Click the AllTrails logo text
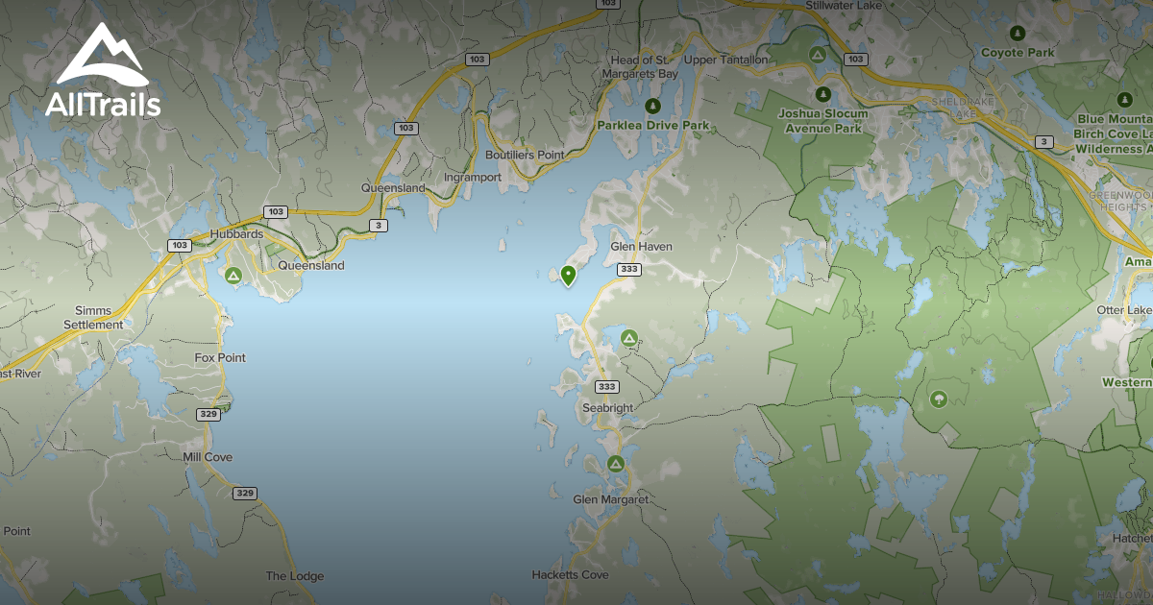[103, 104]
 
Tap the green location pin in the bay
[568, 276]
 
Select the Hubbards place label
[236, 233]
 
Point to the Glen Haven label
[641, 247]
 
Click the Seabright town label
[607, 408]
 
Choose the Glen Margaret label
[610, 499]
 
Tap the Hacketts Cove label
[570, 574]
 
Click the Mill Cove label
[208, 457]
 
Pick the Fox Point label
[220, 357]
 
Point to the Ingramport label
[474, 178]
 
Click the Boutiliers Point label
[524, 155]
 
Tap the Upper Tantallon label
[725, 60]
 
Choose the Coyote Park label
[1018, 52]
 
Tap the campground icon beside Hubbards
[233, 276]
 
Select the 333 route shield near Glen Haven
[629, 269]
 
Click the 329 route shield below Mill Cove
[244, 493]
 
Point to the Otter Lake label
[1124, 310]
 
